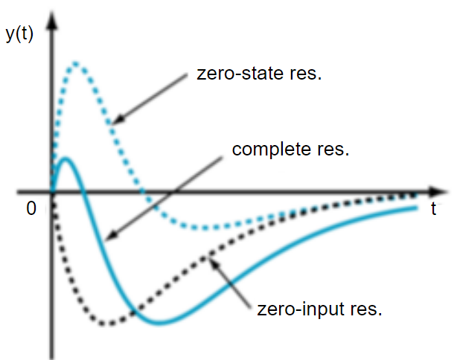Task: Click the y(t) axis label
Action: [x=19, y=34]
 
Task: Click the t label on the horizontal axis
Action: [x=433, y=209]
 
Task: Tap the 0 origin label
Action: [x=31, y=209]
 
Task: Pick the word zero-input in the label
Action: [x=292, y=309]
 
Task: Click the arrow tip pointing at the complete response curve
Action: [x=106, y=240]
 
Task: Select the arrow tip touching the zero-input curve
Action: [x=209, y=257]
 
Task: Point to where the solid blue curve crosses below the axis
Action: [x=83, y=192]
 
